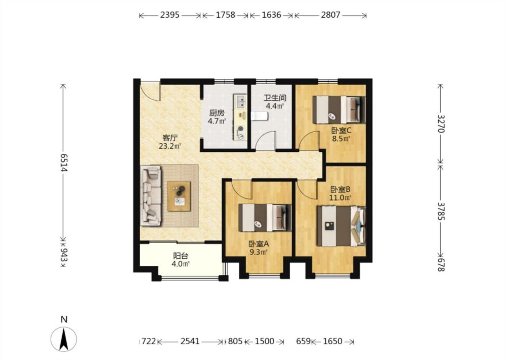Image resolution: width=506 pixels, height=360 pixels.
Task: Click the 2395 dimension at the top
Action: pyautogui.click(x=170, y=15)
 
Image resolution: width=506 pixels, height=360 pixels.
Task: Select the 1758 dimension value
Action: pyautogui.click(x=225, y=15)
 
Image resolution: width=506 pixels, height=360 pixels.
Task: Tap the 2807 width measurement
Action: pyautogui.click(x=330, y=15)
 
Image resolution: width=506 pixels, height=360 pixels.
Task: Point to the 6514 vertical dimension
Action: pyautogui.click(x=63, y=162)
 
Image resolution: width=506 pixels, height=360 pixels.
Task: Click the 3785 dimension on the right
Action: pyautogui.click(x=441, y=211)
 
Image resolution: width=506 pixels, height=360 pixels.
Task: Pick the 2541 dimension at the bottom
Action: pyautogui.click(x=190, y=341)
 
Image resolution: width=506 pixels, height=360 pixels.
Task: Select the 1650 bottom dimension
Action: pyautogui.click(x=332, y=341)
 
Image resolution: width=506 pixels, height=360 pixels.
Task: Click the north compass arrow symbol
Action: pyautogui.click(x=64, y=339)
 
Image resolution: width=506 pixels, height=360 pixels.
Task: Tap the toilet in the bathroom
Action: pyautogui.click(x=259, y=116)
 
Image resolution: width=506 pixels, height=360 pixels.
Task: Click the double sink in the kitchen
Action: pyautogui.click(x=240, y=101)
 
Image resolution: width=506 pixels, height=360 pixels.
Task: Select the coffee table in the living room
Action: pyautogui.click(x=179, y=196)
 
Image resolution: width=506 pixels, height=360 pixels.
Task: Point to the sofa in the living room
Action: pyautogui.click(x=151, y=195)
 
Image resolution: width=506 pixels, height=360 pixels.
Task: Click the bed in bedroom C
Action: pyautogui.click(x=339, y=110)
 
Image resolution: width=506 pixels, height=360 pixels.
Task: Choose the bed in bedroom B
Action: pyautogui.click(x=341, y=226)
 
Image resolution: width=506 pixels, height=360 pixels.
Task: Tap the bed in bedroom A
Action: pyautogui.click(x=265, y=218)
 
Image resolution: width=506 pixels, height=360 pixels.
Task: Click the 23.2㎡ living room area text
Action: pyautogui.click(x=170, y=146)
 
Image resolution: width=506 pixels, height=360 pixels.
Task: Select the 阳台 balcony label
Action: pyautogui.click(x=181, y=256)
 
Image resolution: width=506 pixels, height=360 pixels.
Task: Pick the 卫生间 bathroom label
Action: pyautogui.click(x=275, y=98)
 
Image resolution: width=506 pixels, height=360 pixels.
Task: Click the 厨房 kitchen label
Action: pyautogui.click(x=217, y=113)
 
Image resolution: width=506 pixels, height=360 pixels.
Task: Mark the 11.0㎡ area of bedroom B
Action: pyautogui.click(x=340, y=197)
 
